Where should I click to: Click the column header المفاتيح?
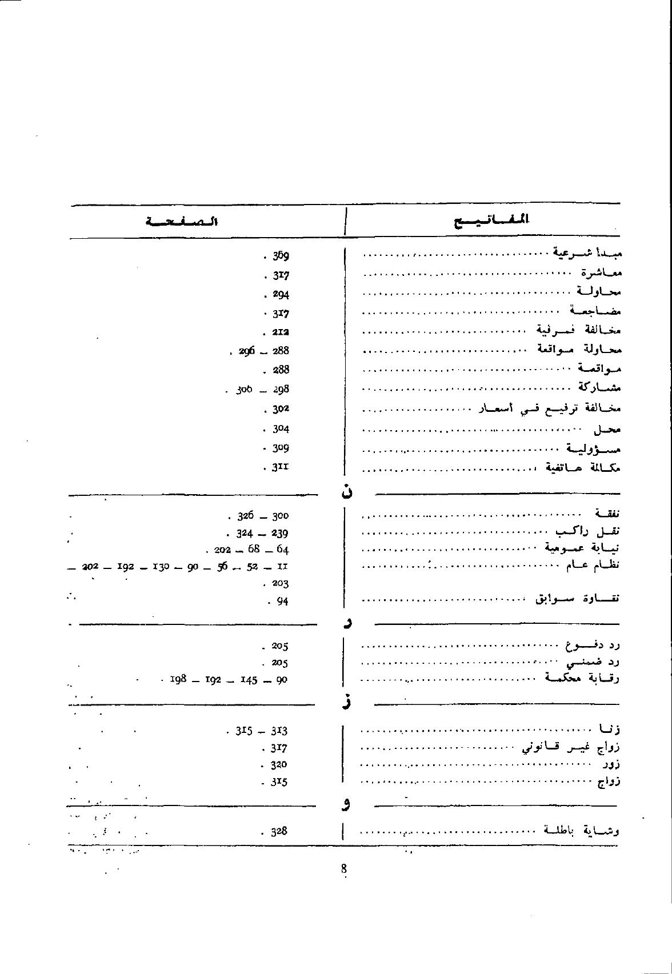(x=491, y=220)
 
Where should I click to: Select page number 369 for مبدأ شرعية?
(x=280, y=256)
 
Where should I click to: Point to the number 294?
(x=280, y=295)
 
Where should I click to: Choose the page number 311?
(x=279, y=467)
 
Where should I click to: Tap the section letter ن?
(x=346, y=491)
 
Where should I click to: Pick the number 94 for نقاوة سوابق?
(x=282, y=601)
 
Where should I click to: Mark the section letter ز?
(x=346, y=702)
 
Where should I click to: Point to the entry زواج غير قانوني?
(x=571, y=747)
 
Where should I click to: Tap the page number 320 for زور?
(x=278, y=765)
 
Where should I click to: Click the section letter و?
(x=346, y=805)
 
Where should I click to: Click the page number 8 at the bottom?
(x=344, y=869)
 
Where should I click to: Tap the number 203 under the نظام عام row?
(x=279, y=584)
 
